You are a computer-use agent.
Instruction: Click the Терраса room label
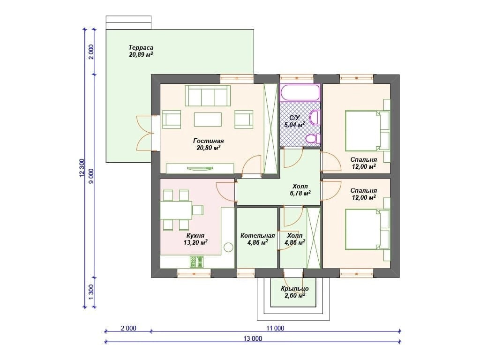pyautogui.click(x=141, y=48)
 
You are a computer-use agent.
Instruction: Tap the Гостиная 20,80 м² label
pyautogui.click(x=209, y=144)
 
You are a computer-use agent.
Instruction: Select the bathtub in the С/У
pyautogui.click(x=300, y=92)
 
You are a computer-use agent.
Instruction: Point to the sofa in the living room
pyautogui.click(x=208, y=96)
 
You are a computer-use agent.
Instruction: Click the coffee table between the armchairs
pyautogui.click(x=208, y=120)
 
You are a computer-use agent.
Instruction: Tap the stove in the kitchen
pyautogui.click(x=196, y=262)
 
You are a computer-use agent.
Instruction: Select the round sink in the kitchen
pyautogui.click(x=228, y=247)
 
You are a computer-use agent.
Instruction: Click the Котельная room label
pyautogui.click(x=257, y=236)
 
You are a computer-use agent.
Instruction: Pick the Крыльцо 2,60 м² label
pyautogui.click(x=295, y=292)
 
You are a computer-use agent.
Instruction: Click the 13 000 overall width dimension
pyautogui.click(x=253, y=338)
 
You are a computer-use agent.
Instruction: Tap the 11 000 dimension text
pyautogui.click(x=275, y=329)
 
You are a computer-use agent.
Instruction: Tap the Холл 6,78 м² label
pyautogui.click(x=300, y=190)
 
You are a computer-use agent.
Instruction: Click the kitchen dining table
pyautogui.click(x=176, y=210)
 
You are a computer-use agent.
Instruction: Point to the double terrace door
pyautogui.click(x=145, y=133)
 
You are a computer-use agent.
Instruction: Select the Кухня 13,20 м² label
pyautogui.click(x=195, y=239)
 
